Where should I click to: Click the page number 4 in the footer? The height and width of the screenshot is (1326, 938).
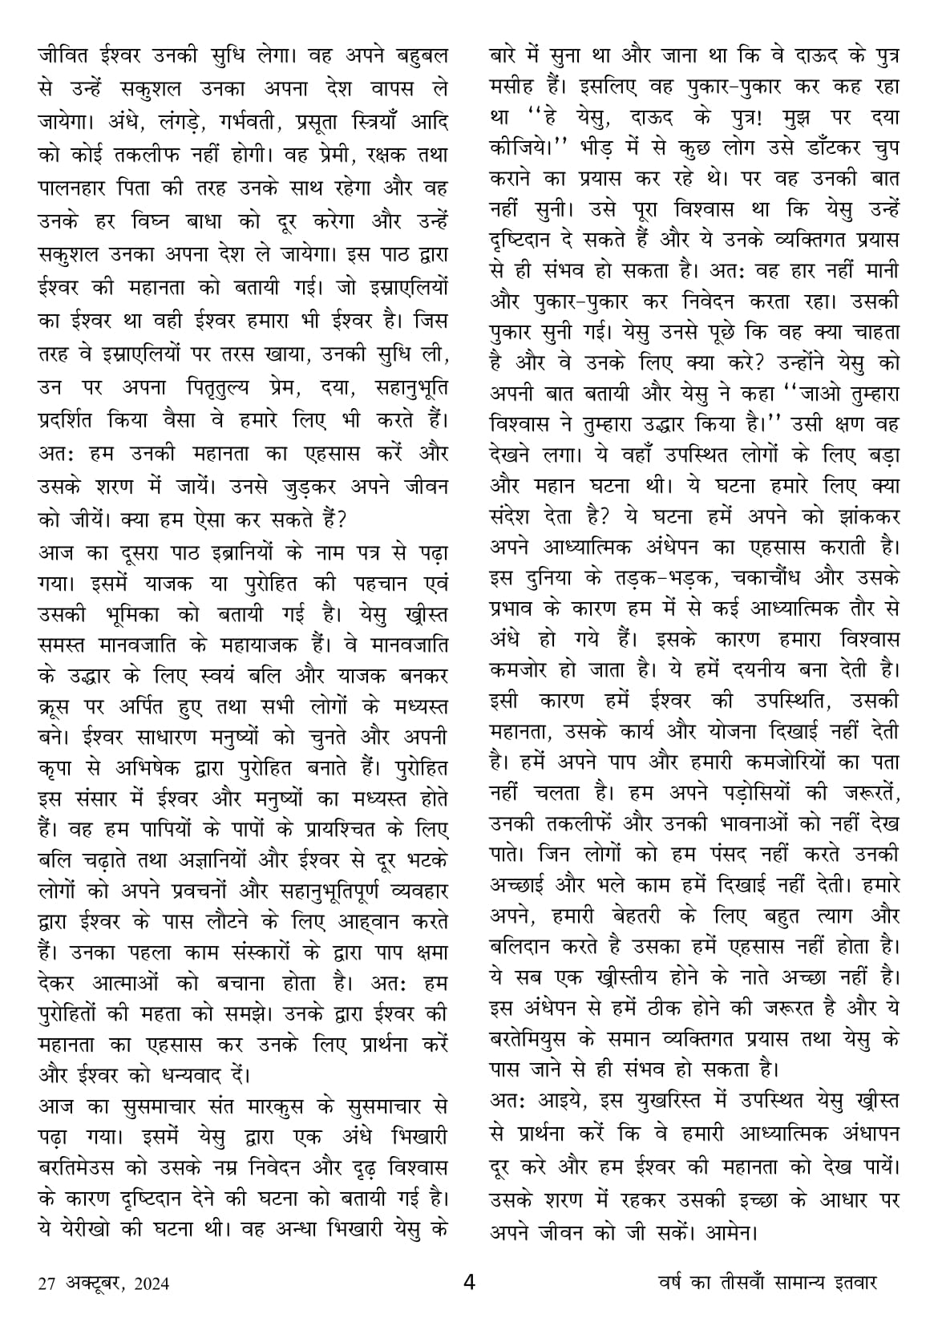pos(470,1282)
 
